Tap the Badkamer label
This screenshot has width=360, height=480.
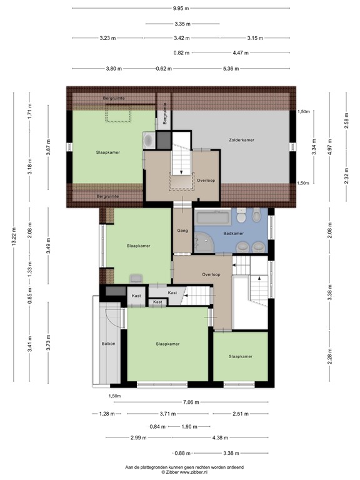coord(233,234)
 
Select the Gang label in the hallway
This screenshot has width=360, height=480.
coord(182,231)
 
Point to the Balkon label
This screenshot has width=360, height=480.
coord(109,344)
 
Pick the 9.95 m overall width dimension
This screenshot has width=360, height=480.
coord(181,8)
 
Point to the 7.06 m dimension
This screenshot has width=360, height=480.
coord(192,402)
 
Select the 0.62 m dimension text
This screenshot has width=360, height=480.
coord(164,68)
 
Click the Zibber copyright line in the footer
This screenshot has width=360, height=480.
coord(181,472)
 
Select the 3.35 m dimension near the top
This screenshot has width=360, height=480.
coord(182,24)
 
